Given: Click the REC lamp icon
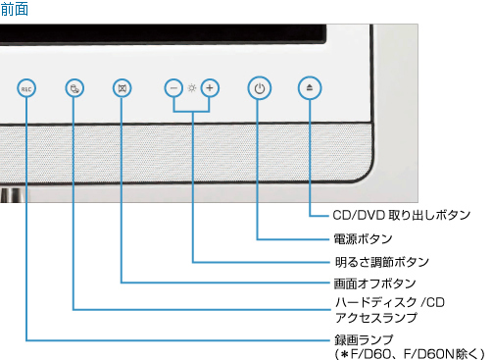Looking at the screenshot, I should tap(26, 88).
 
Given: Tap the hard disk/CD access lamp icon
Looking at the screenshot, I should tap(74, 88).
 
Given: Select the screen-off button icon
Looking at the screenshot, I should tap(121, 88).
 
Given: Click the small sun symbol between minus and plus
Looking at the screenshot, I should tap(193, 88).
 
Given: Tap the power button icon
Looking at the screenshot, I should tap(258, 88).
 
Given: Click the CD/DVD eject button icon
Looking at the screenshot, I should tap(310, 88).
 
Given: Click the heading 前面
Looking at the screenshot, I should tap(15, 9).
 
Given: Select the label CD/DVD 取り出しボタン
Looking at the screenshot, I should tap(401, 214).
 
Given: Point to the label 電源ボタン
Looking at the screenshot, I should tap(363, 238).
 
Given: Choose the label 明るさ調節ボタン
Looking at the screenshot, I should tap(381, 263).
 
